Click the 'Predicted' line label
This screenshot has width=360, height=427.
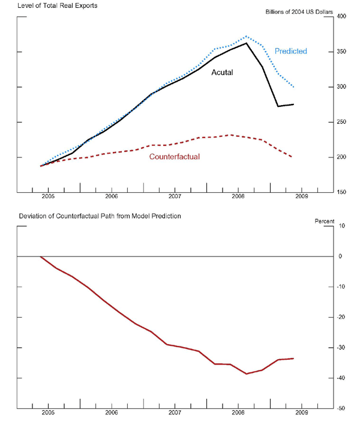[290, 52]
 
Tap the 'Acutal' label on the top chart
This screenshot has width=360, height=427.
[222, 73]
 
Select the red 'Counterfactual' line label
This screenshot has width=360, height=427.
[174, 157]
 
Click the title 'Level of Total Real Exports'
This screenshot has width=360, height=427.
[58, 6]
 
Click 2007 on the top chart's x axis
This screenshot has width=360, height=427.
[175, 196]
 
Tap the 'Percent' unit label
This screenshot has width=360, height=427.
[324, 222]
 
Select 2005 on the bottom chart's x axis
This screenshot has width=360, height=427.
[48, 413]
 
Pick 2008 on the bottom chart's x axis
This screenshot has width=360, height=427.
[238, 413]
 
